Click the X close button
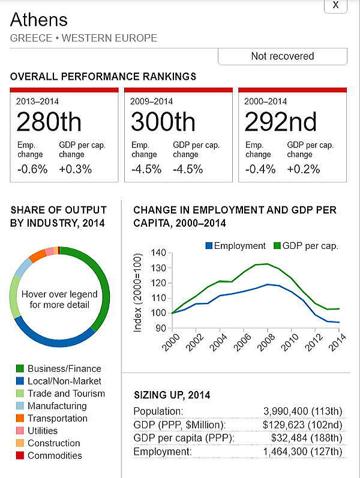335,5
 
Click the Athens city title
39,20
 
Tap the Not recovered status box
282,56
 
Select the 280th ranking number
49,122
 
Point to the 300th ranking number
163,122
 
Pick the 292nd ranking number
280,122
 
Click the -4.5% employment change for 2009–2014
146,169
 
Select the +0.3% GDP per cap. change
76,169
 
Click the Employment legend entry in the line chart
235,246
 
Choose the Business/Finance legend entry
64,369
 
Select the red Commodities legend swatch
20,456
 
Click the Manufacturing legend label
57,406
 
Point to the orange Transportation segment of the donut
37,255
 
